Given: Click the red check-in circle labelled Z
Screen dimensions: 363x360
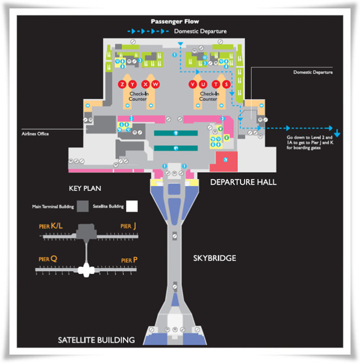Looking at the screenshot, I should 123,84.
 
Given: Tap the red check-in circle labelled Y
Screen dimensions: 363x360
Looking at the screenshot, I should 133,84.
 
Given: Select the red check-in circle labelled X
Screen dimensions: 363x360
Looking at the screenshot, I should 146,84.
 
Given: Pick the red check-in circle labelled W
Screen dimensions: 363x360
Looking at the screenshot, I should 155,84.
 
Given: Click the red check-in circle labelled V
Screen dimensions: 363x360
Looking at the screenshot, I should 193,84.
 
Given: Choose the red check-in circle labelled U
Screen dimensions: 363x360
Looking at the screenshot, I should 203,84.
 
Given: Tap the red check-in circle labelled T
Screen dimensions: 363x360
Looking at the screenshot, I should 216,84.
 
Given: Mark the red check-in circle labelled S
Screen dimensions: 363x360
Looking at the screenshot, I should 226,84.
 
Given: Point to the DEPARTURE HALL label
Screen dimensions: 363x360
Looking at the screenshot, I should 243,182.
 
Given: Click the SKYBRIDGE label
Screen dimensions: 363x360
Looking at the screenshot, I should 214,258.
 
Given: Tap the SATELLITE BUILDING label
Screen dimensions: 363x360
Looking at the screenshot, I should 96,340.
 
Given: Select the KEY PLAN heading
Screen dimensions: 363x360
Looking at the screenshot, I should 85,188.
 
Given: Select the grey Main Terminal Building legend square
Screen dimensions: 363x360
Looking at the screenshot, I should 82,206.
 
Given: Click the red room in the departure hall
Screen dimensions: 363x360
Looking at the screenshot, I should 224,161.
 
